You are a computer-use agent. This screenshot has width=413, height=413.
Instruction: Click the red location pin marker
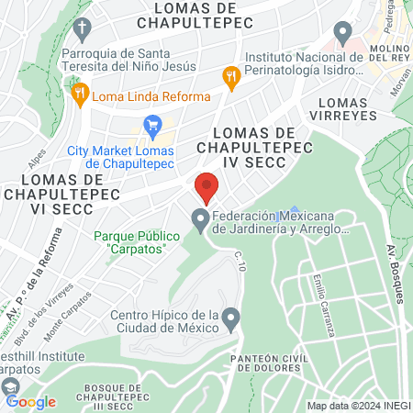coord(206,187)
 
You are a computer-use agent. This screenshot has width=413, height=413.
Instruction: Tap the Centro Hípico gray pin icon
coord(231,320)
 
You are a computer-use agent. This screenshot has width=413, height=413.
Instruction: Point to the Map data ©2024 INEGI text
coord(358,406)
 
